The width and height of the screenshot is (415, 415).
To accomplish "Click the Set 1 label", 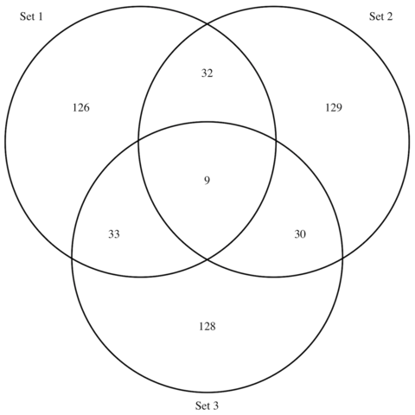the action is click(x=31, y=16).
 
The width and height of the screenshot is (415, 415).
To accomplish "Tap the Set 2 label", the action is click(x=380, y=16).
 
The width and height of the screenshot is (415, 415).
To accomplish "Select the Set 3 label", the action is click(x=207, y=405).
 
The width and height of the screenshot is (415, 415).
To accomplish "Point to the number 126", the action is click(x=81, y=107).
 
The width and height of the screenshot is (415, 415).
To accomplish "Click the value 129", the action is click(x=334, y=107).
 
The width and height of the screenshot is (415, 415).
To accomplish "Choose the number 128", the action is click(x=207, y=327).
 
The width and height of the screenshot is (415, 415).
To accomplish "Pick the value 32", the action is click(x=207, y=73).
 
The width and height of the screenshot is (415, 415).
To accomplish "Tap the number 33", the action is click(x=114, y=234).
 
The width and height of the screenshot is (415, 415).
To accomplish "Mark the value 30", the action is click(x=300, y=234).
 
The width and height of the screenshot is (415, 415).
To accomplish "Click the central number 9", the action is click(x=207, y=181).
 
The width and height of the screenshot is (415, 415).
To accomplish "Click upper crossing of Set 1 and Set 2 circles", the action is click(x=207, y=24).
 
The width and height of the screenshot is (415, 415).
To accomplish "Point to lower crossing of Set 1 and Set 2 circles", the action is click(x=207, y=260).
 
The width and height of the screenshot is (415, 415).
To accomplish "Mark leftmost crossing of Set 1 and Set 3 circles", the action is click(x=72, y=258).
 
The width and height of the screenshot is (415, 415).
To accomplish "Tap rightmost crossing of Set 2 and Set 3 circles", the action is click(x=342, y=258).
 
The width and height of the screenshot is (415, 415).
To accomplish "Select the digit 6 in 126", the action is click(x=86, y=107).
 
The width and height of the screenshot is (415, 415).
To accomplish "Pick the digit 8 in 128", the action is click(x=213, y=327).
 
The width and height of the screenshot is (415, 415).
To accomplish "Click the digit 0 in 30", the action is click(x=303, y=234).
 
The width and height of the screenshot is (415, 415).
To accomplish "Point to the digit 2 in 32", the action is click(x=210, y=73).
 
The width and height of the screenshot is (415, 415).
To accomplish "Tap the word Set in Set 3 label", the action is click(x=202, y=405).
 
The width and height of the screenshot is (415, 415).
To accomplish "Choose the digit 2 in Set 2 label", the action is click(x=389, y=16).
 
